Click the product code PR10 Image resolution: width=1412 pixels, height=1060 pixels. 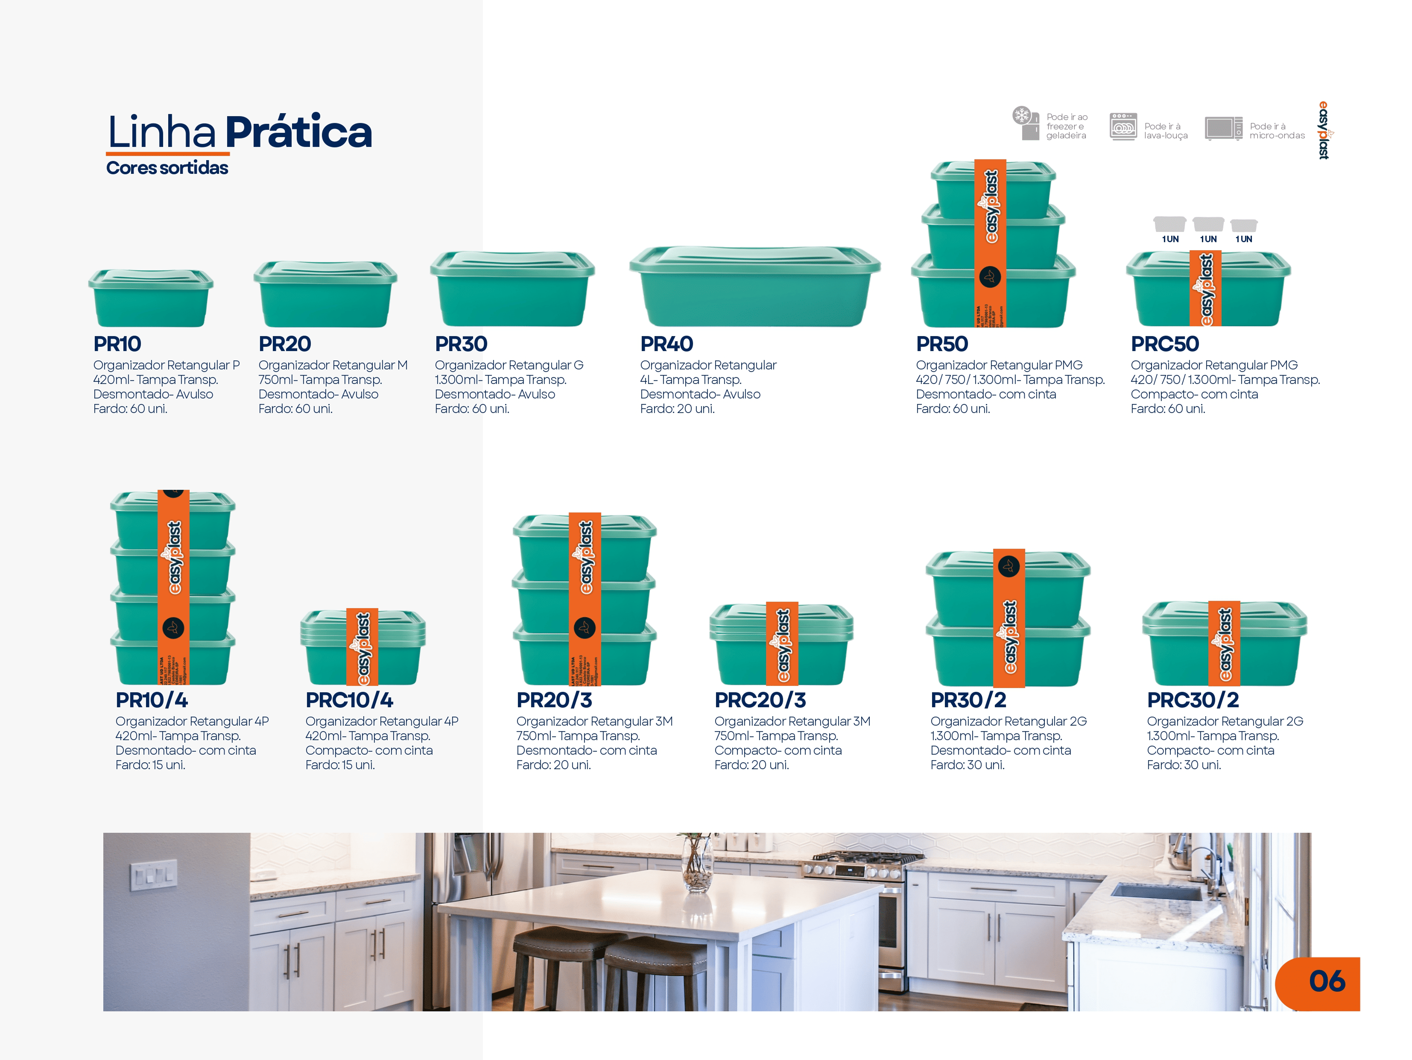click(117, 344)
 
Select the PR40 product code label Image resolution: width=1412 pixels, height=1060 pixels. click(667, 344)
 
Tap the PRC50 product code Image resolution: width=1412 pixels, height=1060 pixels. click(1164, 344)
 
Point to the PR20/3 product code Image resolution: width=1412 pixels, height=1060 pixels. click(554, 700)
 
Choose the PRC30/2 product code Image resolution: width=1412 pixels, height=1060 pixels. click(1193, 700)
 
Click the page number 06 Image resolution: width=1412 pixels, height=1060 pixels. click(1327, 981)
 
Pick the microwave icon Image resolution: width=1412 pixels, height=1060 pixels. click(1223, 128)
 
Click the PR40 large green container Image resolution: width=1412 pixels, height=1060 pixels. click(754, 287)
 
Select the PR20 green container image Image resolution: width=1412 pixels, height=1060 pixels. click(325, 295)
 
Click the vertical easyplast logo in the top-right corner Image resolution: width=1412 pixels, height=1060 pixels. click(1324, 130)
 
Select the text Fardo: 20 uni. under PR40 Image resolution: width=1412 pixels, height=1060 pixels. click(677, 409)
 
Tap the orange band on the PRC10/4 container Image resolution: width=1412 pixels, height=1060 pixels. click(362, 647)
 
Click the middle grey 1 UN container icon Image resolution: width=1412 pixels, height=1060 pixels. click(1208, 224)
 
